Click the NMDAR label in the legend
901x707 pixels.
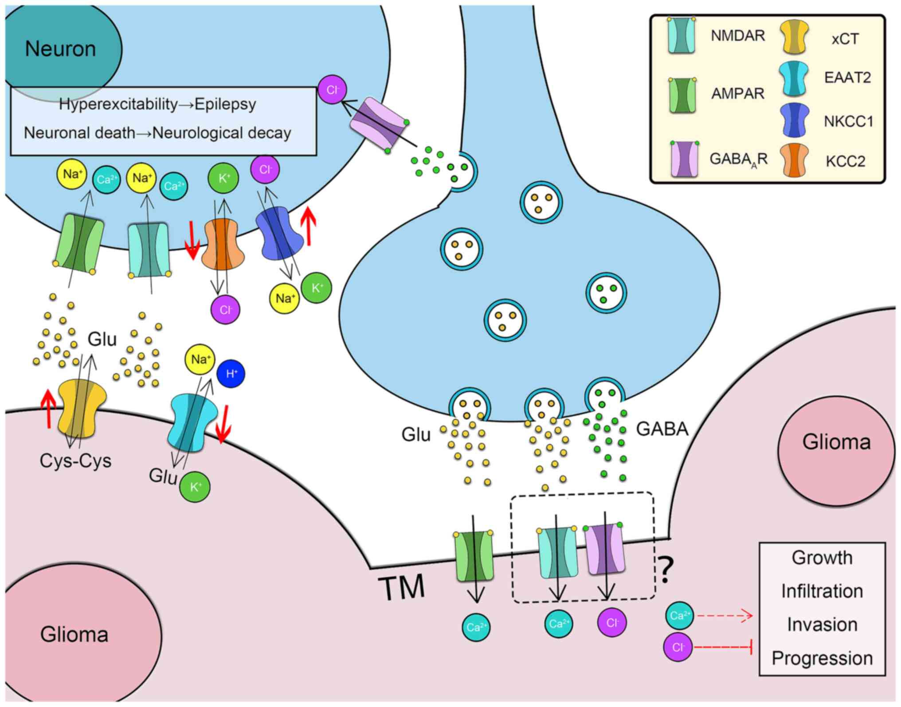(x=738, y=35)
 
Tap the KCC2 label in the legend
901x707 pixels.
(x=845, y=161)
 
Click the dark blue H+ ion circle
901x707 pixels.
(x=231, y=374)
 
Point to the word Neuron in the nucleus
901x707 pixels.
(x=60, y=49)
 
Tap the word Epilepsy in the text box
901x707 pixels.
(x=225, y=104)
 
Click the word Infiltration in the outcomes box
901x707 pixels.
(x=822, y=591)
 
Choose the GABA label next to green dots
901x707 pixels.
(x=662, y=429)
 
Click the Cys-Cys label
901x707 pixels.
(x=75, y=461)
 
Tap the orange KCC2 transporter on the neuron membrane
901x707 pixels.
(x=223, y=244)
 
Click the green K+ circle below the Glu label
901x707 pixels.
(x=195, y=487)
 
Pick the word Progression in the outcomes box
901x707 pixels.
(x=822, y=658)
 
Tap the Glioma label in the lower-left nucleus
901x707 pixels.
(x=74, y=634)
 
